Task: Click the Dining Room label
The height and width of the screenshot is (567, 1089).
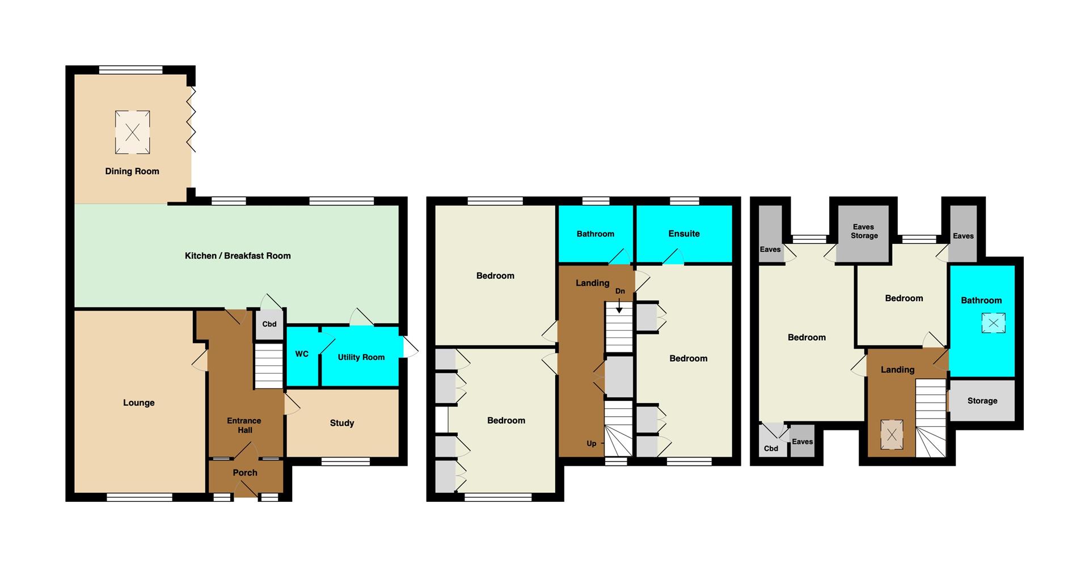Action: (132, 171)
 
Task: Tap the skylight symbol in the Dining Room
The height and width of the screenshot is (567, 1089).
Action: (133, 133)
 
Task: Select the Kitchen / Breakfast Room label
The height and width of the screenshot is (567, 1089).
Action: (238, 256)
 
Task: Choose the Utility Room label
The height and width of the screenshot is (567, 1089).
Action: (361, 357)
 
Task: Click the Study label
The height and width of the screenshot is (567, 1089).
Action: (342, 423)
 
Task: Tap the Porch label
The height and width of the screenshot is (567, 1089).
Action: (245, 473)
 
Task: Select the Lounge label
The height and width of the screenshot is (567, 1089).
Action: (139, 403)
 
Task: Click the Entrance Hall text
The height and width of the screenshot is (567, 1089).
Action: (244, 425)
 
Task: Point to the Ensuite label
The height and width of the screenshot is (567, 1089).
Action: (684, 234)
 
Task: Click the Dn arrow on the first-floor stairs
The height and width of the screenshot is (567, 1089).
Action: (619, 307)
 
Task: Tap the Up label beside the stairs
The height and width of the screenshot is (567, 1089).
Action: (592, 444)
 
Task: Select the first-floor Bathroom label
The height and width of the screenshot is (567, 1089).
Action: (596, 234)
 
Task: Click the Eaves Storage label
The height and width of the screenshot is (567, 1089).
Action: (864, 231)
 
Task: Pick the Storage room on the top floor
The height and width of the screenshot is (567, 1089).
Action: (982, 400)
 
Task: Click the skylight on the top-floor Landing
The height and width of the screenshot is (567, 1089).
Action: (892, 435)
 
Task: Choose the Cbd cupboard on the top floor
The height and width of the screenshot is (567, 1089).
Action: (771, 440)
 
